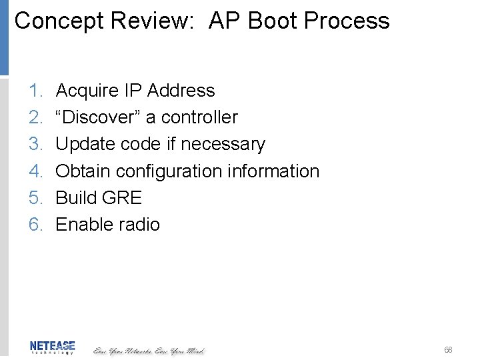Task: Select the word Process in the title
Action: pyautogui.click(x=346, y=21)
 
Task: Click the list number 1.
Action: pyautogui.click(x=35, y=91)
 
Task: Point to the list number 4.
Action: pyautogui.click(x=35, y=171)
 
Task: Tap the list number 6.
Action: pyautogui.click(x=35, y=225)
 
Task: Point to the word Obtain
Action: pyautogui.click(x=83, y=171)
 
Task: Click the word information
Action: pyautogui.click(x=273, y=171)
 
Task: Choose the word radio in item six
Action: pyautogui.click(x=137, y=225)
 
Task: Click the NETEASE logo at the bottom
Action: pyautogui.click(x=52, y=347)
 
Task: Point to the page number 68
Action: pyautogui.click(x=448, y=349)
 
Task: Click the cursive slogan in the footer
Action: pyautogui.click(x=148, y=350)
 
